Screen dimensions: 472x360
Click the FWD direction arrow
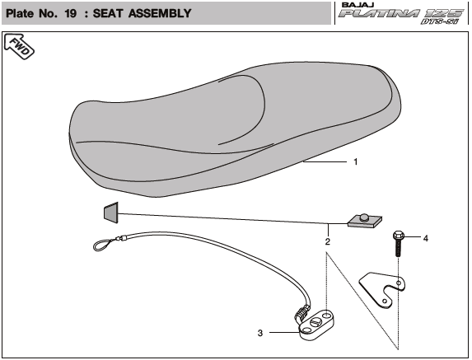[19, 46]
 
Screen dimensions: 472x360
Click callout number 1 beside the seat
[356, 162]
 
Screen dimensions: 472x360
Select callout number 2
[328, 241]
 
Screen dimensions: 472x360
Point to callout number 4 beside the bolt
[425, 238]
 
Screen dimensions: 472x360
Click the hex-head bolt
[398, 244]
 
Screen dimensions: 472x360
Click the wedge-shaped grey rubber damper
[111, 213]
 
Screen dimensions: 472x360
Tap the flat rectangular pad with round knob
[365, 221]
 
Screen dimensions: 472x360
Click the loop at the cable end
[102, 245]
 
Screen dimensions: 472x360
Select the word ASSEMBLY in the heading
[160, 13]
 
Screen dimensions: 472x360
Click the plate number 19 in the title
[71, 13]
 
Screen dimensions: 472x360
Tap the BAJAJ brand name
[358, 5]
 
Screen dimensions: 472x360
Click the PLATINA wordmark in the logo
[379, 13]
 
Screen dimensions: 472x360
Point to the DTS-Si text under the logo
[440, 21]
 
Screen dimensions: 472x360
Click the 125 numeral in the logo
[444, 13]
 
